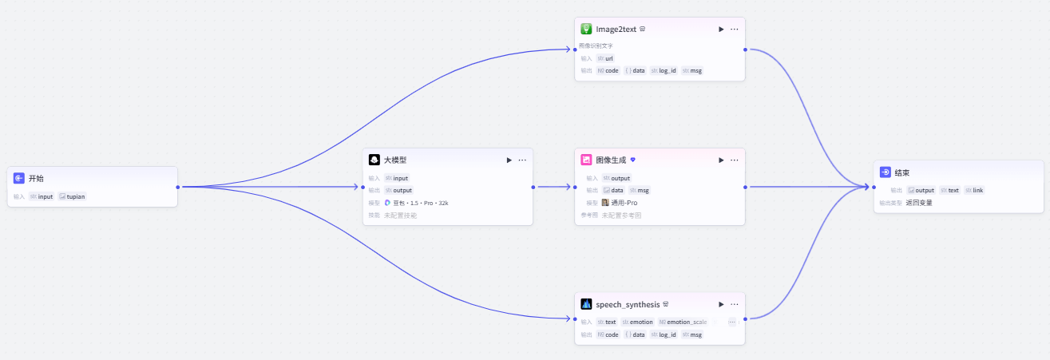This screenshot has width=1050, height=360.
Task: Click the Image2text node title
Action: pos(616,29)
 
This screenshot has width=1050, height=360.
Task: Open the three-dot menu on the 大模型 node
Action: pos(522,160)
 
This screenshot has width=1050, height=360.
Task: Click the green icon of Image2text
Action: pos(586,29)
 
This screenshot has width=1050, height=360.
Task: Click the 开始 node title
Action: pos(36,178)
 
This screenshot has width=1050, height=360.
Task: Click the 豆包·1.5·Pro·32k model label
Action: pos(420,203)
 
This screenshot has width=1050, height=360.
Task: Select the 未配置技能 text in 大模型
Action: pos(400,216)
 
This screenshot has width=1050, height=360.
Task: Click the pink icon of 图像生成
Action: pos(586,160)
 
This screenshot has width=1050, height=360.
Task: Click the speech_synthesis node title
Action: pos(628,304)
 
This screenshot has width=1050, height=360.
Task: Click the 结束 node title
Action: pos(902,172)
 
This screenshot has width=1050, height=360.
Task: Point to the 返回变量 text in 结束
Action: pos(919,203)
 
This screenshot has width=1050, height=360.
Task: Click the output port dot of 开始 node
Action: pos(177,187)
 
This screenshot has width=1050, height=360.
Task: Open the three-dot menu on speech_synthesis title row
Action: pos(734,304)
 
